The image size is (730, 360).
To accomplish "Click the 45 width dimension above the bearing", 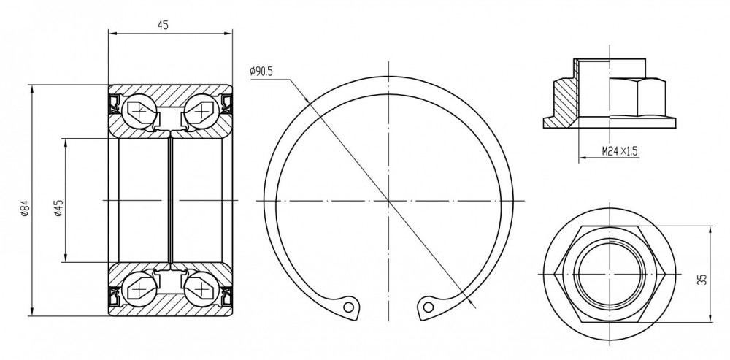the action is [163, 26].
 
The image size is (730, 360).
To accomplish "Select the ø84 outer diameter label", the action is [25, 208].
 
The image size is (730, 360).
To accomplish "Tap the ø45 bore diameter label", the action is [58, 208].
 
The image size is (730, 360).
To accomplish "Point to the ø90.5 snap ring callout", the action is [261, 72].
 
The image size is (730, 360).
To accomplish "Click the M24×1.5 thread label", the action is [619, 151].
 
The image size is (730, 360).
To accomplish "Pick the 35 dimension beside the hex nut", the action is [702, 279].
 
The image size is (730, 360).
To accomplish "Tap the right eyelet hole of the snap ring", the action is [429, 307].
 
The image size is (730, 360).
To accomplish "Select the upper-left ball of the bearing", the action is [139, 111].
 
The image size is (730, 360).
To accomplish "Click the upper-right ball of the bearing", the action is [201, 111].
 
